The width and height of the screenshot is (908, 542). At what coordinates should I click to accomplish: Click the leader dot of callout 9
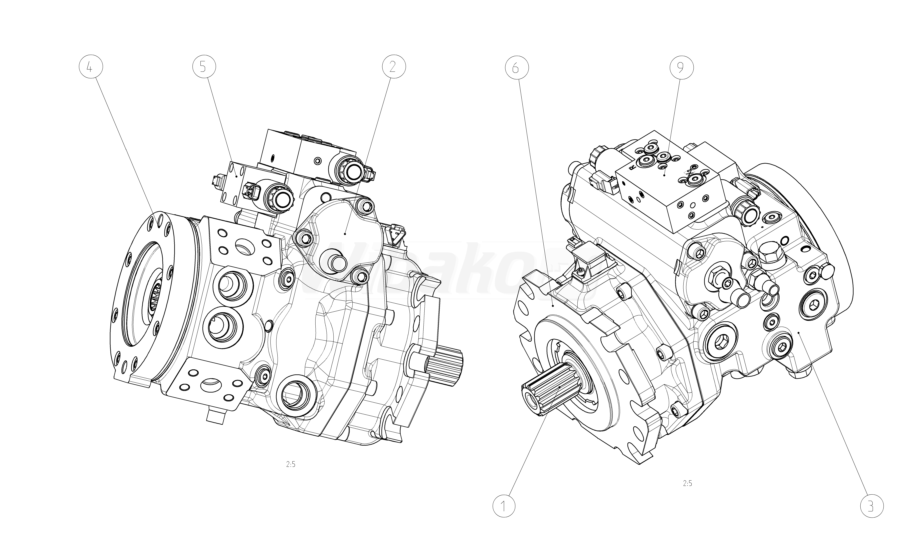pyautogui.click(x=665, y=175)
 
